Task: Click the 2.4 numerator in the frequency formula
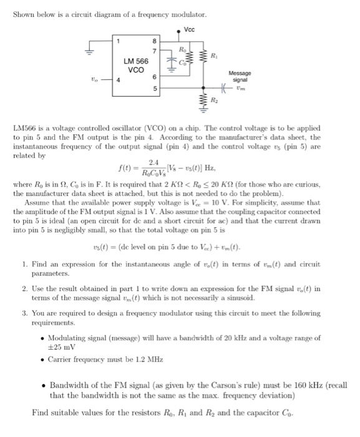pos(145,163)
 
